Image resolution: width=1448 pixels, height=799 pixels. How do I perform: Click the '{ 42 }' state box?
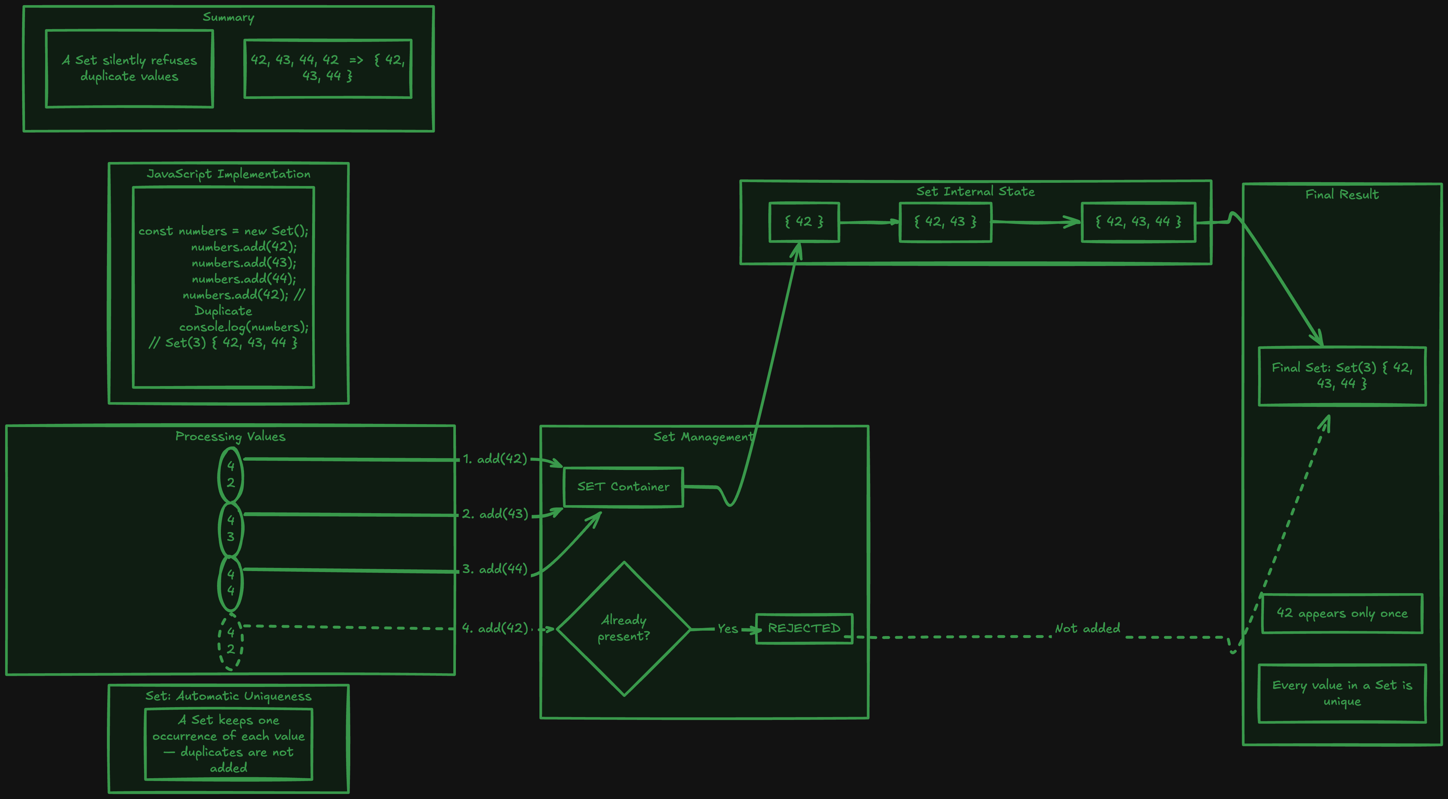(x=804, y=222)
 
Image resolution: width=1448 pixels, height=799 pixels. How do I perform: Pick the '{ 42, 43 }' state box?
(x=945, y=222)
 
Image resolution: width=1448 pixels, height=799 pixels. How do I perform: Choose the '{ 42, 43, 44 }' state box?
(x=1138, y=222)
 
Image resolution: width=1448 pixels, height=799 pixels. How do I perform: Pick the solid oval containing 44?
(x=231, y=583)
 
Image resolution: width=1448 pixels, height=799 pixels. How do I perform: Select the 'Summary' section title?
(x=228, y=17)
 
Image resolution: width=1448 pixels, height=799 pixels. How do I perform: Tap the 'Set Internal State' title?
(x=975, y=192)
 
